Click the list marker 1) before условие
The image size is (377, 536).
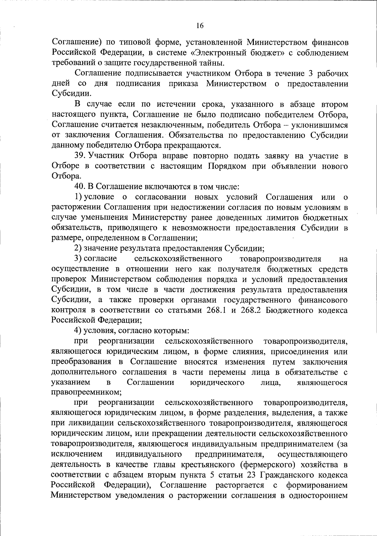(78, 197)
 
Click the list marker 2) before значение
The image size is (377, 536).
(78, 249)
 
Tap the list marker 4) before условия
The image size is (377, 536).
(78, 331)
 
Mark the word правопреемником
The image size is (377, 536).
(86, 392)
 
